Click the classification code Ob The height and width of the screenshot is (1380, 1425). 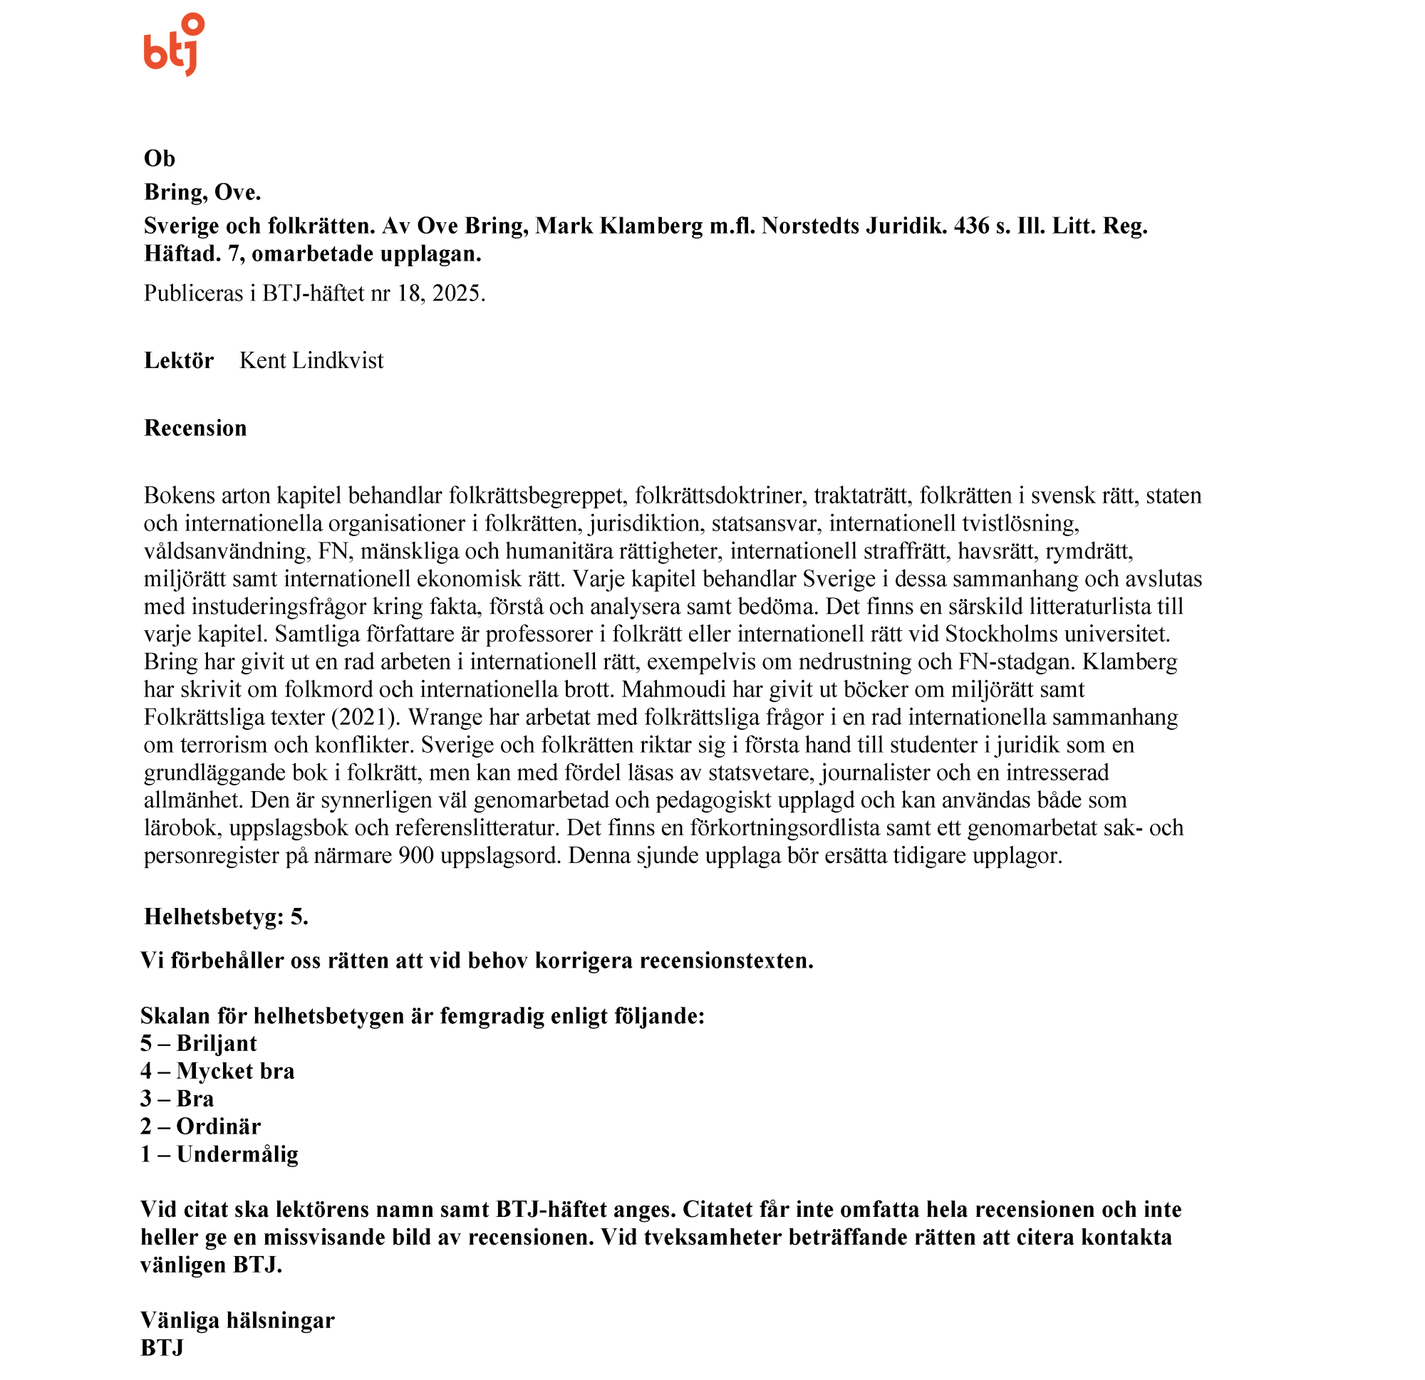pyautogui.click(x=159, y=158)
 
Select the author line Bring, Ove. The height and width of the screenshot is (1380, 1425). pyautogui.click(x=202, y=192)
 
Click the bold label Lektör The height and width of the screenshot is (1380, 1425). pyautogui.click(x=179, y=360)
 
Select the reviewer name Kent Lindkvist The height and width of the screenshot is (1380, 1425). pyautogui.click(x=311, y=360)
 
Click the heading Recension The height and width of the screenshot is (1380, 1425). pyautogui.click(x=195, y=428)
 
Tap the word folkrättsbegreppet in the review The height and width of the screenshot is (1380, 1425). pyautogui.click(x=536, y=496)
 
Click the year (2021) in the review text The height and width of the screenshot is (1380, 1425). pyautogui.click(x=366, y=717)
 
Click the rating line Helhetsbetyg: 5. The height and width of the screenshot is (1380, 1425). pyautogui.click(x=226, y=917)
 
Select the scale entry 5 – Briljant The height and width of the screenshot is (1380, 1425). pyautogui.click(x=199, y=1043)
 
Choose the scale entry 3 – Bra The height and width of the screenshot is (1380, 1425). pyautogui.click(x=177, y=1099)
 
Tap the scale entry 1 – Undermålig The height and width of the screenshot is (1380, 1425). pyautogui.click(x=219, y=1154)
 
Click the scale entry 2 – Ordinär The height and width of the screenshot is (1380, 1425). pyautogui.click(x=200, y=1127)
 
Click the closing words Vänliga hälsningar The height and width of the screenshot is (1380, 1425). pyautogui.click(x=237, y=1319)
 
